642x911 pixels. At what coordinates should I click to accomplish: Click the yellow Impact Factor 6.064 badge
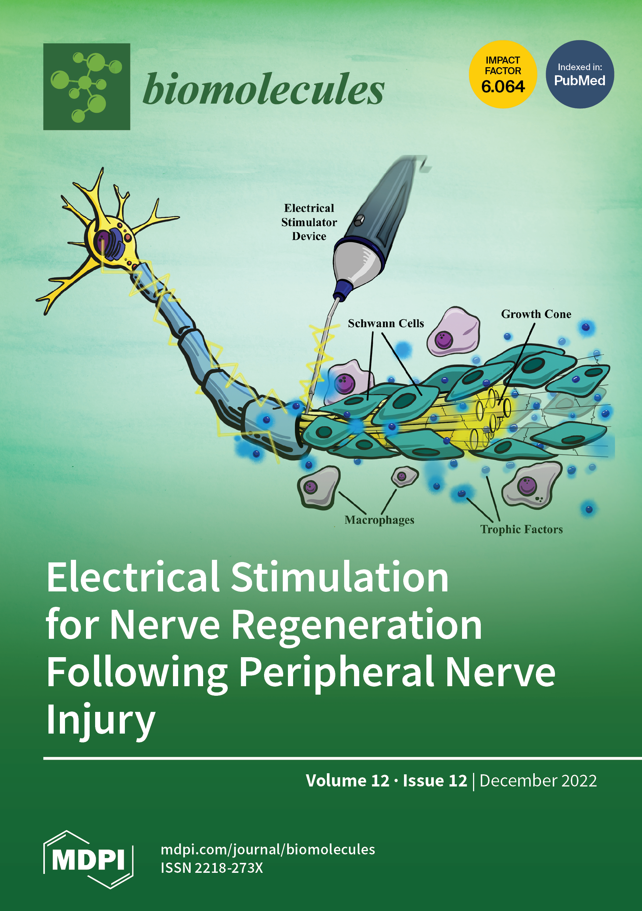[503, 74]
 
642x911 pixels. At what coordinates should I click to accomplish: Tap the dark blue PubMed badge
[580, 74]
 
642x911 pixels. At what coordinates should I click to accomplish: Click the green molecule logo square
[87, 86]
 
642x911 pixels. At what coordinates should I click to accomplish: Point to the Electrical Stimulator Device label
[309, 222]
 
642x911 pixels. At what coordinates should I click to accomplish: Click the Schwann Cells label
[386, 323]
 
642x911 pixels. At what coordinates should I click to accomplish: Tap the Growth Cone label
[536, 314]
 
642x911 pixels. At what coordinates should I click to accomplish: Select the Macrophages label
[379, 520]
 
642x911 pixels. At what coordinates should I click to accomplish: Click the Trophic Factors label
[522, 529]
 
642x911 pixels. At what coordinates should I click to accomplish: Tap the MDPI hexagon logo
[88, 859]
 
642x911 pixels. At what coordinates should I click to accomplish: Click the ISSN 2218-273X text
[212, 868]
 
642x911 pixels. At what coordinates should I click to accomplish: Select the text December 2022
[538, 781]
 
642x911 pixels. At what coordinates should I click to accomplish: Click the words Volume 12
[347, 781]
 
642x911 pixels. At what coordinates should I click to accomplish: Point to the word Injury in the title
[100, 719]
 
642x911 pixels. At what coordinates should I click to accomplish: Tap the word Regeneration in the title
[356, 625]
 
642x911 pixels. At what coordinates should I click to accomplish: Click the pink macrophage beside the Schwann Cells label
[453, 332]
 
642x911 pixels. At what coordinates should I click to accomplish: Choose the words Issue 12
[435, 781]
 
